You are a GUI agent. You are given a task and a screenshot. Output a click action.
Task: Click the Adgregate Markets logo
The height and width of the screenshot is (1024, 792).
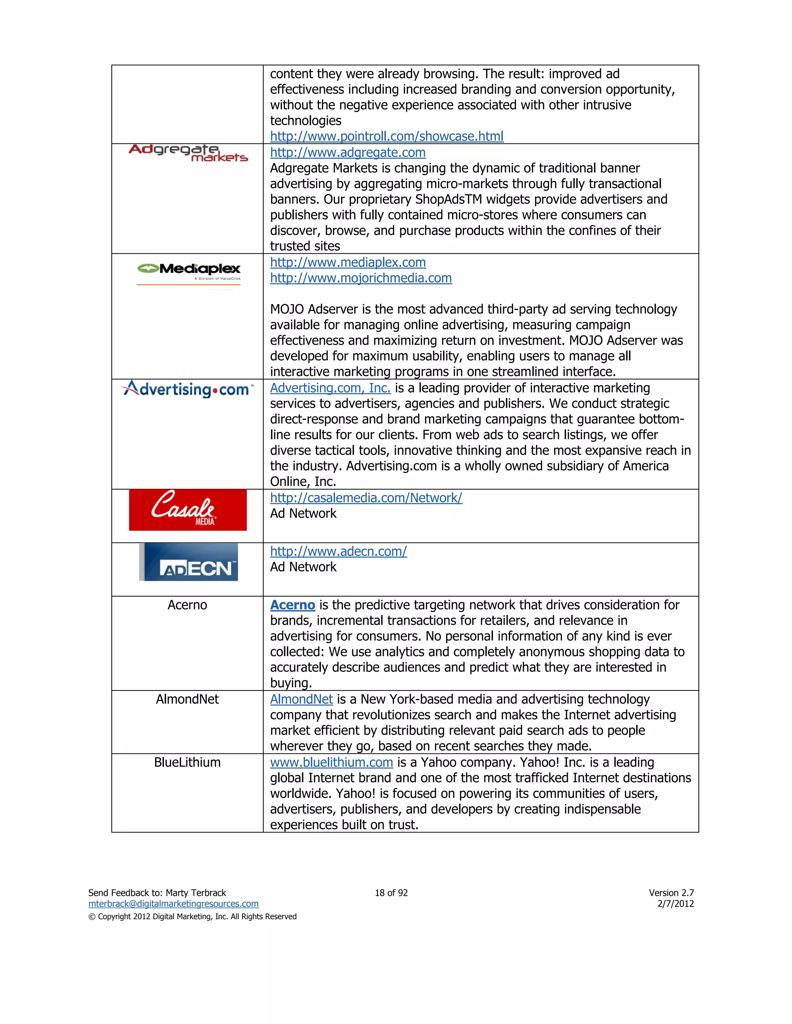click(188, 153)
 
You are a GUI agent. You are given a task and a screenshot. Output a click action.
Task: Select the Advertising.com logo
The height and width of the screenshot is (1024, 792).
click(187, 389)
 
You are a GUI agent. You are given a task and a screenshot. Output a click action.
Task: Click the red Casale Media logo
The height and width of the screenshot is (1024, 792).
click(188, 510)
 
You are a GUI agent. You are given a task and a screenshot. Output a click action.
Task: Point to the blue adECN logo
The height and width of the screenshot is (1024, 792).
click(189, 562)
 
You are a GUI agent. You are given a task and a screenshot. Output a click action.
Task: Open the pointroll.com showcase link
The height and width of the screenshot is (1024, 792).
click(387, 136)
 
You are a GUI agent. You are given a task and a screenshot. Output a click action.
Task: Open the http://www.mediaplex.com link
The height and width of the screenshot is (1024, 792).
click(348, 262)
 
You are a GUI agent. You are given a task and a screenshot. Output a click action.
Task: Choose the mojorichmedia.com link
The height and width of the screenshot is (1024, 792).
click(361, 278)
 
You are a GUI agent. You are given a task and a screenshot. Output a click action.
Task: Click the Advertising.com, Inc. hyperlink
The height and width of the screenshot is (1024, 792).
click(330, 388)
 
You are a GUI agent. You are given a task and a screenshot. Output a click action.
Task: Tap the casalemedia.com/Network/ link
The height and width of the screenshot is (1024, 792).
click(366, 498)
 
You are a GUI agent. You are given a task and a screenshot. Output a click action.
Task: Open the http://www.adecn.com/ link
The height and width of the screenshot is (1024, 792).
click(338, 551)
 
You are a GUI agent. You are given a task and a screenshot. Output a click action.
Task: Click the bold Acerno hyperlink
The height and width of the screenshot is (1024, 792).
click(292, 605)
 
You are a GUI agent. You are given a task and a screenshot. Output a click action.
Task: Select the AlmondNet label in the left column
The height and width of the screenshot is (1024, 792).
click(187, 699)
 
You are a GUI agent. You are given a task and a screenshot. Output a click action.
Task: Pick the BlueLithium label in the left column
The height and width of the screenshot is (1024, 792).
click(187, 762)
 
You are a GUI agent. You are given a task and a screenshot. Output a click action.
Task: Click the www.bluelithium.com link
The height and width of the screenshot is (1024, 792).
click(331, 763)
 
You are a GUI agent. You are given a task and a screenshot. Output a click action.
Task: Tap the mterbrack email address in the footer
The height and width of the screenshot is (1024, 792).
click(173, 904)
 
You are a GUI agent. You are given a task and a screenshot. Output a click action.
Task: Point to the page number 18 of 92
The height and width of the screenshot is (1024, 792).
click(391, 893)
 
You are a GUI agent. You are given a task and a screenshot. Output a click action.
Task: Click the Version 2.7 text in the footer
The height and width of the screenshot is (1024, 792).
click(671, 893)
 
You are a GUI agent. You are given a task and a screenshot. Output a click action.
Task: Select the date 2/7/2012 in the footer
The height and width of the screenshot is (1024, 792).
click(675, 904)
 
